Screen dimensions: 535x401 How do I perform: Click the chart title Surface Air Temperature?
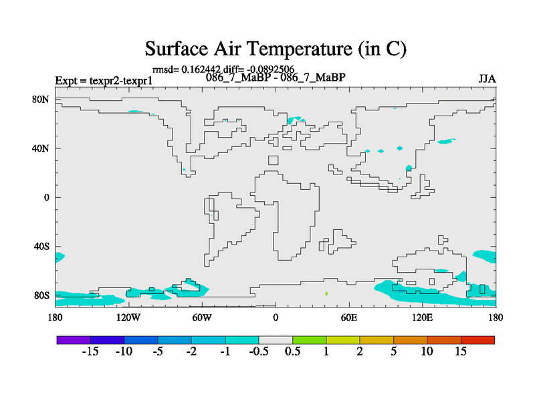tap(249, 48)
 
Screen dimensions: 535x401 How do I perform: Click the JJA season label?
tap(487, 79)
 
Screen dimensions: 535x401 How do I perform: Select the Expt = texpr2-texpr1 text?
tap(104, 81)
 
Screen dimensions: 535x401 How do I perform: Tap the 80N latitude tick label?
tap(41, 100)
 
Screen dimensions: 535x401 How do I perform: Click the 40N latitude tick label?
tap(41, 148)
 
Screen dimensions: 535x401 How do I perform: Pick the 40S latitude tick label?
tap(41, 247)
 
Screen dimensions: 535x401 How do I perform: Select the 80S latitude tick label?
tap(41, 295)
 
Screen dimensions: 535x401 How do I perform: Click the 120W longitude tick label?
tap(128, 318)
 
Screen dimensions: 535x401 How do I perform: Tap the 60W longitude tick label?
tap(202, 318)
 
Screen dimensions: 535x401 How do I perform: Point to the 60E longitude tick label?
tap(348, 318)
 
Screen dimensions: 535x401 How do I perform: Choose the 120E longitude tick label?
tap(422, 318)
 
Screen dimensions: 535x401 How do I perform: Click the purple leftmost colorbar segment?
tap(74, 340)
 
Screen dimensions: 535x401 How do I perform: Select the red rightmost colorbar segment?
tap(477, 340)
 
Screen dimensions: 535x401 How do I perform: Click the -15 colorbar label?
tap(90, 352)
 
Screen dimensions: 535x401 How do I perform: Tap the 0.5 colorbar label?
tap(292, 352)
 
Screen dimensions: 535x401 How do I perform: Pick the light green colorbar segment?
tap(310, 340)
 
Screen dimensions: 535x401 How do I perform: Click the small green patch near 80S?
tap(326, 293)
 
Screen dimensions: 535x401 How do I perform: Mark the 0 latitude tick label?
tap(46, 198)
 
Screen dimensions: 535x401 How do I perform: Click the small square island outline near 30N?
tap(274, 160)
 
